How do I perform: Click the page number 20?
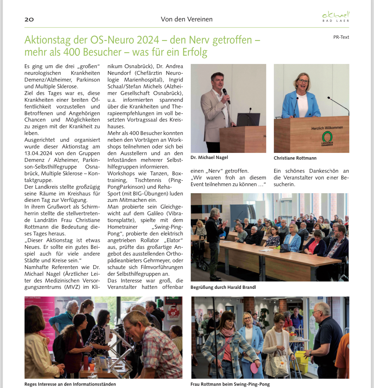click(x=29, y=19)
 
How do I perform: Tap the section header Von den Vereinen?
click(x=187, y=19)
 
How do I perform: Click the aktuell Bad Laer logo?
click(x=336, y=17)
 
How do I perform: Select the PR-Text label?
click(x=341, y=37)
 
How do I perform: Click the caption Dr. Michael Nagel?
click(x=209, y=157)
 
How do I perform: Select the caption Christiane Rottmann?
click(x=295, y=158)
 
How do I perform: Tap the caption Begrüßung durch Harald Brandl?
click(x=223, y=287)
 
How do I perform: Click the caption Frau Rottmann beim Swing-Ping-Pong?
click(x=230, y=384)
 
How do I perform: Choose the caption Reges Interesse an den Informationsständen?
click(x=70, y=384)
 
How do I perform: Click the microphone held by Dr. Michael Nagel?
click(x=226, y=95)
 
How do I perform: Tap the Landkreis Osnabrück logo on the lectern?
click(x=327, y=139)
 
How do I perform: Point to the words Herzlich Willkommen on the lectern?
click(x=327, y=128)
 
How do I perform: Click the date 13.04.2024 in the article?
click(x=38, y=153)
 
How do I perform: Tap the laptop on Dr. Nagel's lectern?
click(x=248, y=119)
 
